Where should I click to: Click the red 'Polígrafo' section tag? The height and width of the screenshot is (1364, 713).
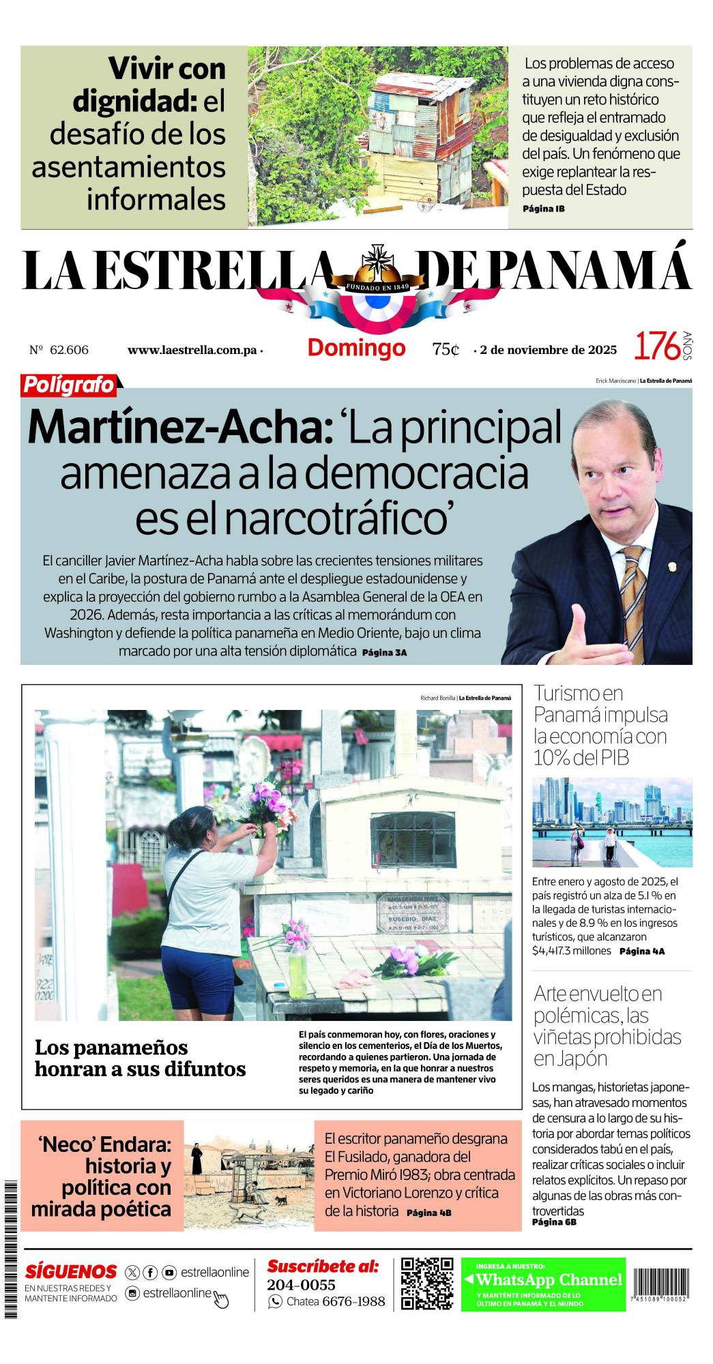click(69, 385)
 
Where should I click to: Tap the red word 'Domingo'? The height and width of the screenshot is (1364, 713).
click(356, 348)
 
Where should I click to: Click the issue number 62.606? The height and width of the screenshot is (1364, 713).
click(69, 350)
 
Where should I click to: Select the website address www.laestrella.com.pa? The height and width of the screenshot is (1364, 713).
click(192, 351)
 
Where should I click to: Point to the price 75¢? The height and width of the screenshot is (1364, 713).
click(445, 349)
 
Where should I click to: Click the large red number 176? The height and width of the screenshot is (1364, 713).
click(657, 346)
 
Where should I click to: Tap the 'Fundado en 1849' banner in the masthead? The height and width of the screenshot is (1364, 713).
click(377, 287)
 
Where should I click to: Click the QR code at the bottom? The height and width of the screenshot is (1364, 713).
click(427, 1284)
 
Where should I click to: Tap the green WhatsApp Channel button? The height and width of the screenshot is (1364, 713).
click(543, 1284)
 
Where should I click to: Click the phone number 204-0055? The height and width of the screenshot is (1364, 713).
click(301, 1285)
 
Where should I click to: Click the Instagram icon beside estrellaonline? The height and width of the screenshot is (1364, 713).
click(132, 1293)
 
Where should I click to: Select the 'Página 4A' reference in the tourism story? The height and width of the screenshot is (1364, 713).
click(641, 951)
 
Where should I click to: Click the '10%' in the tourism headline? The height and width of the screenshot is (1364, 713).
click(557, 758)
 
